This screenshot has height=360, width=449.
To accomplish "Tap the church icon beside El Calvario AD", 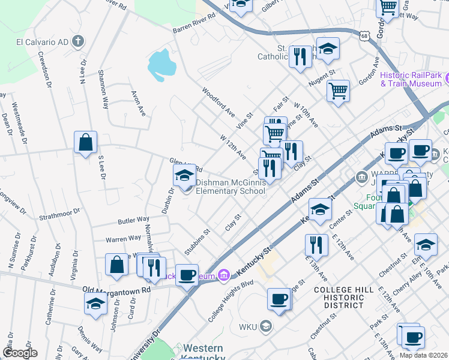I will [77, 41].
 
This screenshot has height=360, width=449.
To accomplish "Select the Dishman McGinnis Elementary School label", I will [231, 187].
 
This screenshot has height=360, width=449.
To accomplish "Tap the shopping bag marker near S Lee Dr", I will [86, 143].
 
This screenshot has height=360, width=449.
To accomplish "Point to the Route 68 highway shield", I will [365, 37].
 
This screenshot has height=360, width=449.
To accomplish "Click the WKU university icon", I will [265, 327].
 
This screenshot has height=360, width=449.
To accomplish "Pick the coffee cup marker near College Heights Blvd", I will [279, 299].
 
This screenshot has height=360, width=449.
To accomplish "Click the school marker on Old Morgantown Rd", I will [95, 304].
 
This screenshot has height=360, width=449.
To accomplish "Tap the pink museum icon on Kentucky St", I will [224, 275].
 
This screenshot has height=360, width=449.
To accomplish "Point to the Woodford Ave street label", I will [218, 103].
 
